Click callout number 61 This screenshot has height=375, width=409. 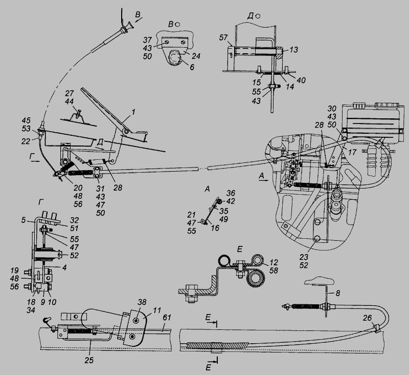167,318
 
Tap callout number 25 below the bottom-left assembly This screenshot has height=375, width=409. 89,360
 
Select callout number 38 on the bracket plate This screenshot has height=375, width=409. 142,302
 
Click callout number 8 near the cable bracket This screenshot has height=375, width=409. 338,293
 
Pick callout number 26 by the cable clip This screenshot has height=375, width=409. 367,318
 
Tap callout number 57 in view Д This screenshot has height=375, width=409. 223,37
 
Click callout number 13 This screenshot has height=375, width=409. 293,49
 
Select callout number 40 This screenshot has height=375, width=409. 301,80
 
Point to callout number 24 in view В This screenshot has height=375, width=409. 196,56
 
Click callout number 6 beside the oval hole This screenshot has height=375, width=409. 192,67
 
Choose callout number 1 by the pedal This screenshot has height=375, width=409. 133,112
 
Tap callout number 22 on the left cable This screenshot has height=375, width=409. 26,141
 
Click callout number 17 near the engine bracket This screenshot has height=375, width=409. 352,152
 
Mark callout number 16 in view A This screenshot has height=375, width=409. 215,228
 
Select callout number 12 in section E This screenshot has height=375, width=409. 274,262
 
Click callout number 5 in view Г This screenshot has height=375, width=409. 24,220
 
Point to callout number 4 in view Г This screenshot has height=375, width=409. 64,267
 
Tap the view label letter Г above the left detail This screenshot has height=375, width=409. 40,202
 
